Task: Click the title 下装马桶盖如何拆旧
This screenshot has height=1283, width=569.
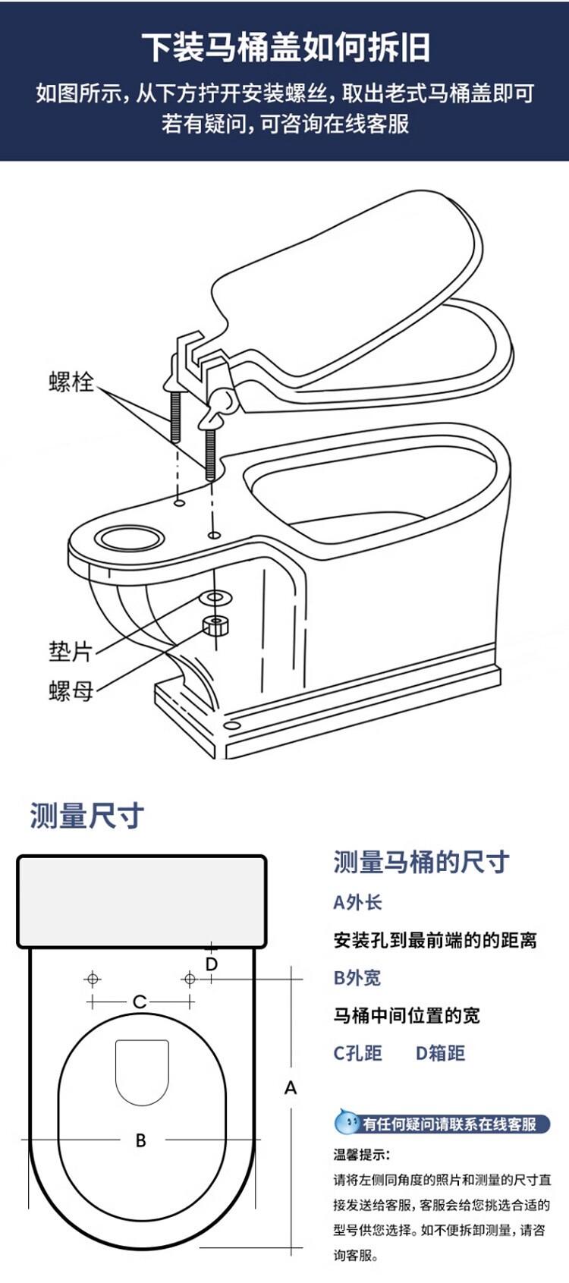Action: [x=285, y=47]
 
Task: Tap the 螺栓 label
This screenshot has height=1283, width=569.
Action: [x=71, y=381]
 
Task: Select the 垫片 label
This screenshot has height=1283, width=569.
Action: [x=70, y=651]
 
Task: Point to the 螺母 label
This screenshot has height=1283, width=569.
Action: [x=70, y=690]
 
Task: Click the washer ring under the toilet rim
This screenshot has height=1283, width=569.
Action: [x=215, y=597]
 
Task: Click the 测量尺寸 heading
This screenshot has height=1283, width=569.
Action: [x=86, y=816]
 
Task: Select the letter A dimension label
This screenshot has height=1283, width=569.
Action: [x=291, y=1088]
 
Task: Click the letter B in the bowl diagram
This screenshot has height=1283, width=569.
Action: [x=140, y=1140]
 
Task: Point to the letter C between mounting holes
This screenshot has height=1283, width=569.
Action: [x=140, y=1002]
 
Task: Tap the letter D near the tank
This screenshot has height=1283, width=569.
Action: [x=212, y=964]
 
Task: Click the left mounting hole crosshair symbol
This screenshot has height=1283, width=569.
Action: [x=93, y=979]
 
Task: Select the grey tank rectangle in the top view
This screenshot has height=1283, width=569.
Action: [x=142, y=901]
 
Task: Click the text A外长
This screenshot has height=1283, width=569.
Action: [x=357, y=902]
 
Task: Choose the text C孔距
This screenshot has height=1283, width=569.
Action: [x=357, y=1053]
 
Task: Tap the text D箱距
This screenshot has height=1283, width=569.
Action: [x=440, y=1053]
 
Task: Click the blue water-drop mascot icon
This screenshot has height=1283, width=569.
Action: [x=347, y=1122]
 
